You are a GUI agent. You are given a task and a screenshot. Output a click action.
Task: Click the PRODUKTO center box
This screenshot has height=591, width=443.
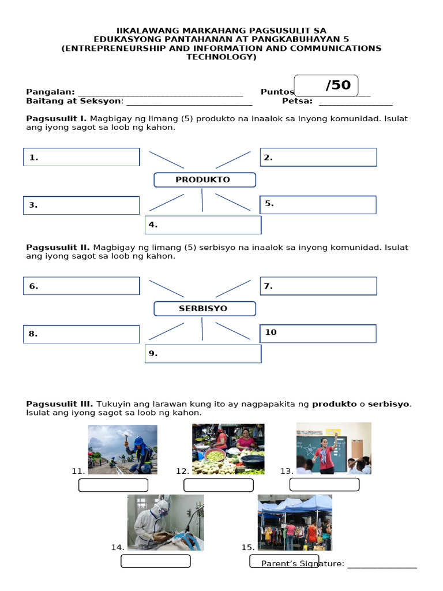click(x=204, y=180)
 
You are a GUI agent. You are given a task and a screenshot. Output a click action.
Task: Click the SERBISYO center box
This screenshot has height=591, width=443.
click(x=204, y=309)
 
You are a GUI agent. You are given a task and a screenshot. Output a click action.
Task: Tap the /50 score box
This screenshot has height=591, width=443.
click(x=326, y=85)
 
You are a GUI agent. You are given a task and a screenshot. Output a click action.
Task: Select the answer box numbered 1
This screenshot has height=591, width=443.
click(x=81, y=157)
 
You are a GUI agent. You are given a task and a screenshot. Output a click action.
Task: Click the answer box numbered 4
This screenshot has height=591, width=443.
click(x=202, y=225)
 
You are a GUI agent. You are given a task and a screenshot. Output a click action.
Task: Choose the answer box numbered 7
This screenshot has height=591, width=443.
click(x=318, y=286)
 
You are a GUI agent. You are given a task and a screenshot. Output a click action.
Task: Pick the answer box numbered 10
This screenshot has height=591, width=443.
click(x=318, y=333)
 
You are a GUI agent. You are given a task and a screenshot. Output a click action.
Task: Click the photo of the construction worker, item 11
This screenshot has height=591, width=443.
click(x=122, y=450)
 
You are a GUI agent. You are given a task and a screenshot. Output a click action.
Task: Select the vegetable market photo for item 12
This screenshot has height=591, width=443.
click(x=228, y=449)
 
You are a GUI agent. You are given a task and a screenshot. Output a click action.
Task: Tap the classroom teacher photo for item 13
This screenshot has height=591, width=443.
click(x=333, y=448)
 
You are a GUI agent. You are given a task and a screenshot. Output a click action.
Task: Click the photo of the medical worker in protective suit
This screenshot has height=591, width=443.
click(x=165, y=522)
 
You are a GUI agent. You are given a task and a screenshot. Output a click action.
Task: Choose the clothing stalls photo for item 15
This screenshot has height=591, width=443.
click(x=295, y=522)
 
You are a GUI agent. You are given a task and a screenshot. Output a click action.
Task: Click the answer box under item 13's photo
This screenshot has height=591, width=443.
click(x=324, y=485)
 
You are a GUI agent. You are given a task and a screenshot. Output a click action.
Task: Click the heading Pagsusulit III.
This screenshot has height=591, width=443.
click(x=59, y=403)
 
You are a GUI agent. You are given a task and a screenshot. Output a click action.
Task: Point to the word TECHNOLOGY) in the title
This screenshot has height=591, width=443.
click(x=221, y=57)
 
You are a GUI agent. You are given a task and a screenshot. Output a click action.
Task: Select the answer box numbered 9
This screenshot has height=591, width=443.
click(x=202, y=354)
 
